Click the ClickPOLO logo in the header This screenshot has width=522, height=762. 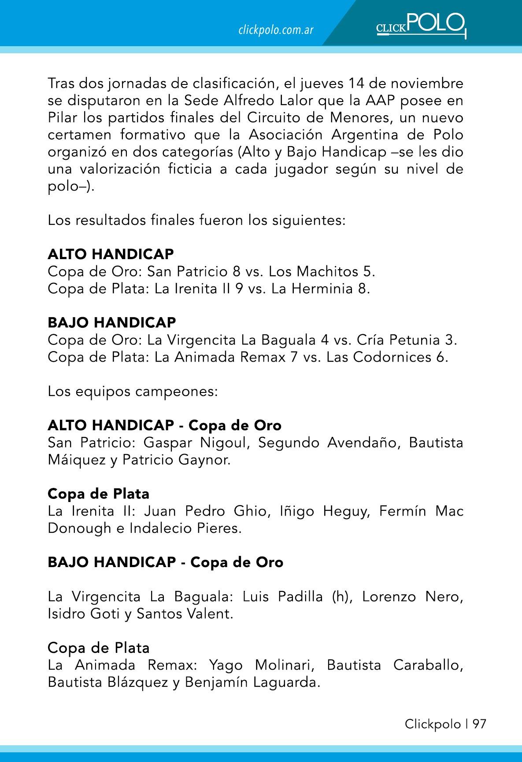tap(421, 25)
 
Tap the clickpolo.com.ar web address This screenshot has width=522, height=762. tap(276, 30)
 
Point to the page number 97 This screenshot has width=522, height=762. tap(479, 724)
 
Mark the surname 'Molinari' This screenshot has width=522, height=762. tap(284, 665)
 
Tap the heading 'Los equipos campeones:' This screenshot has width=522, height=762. tap(133, 391)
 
